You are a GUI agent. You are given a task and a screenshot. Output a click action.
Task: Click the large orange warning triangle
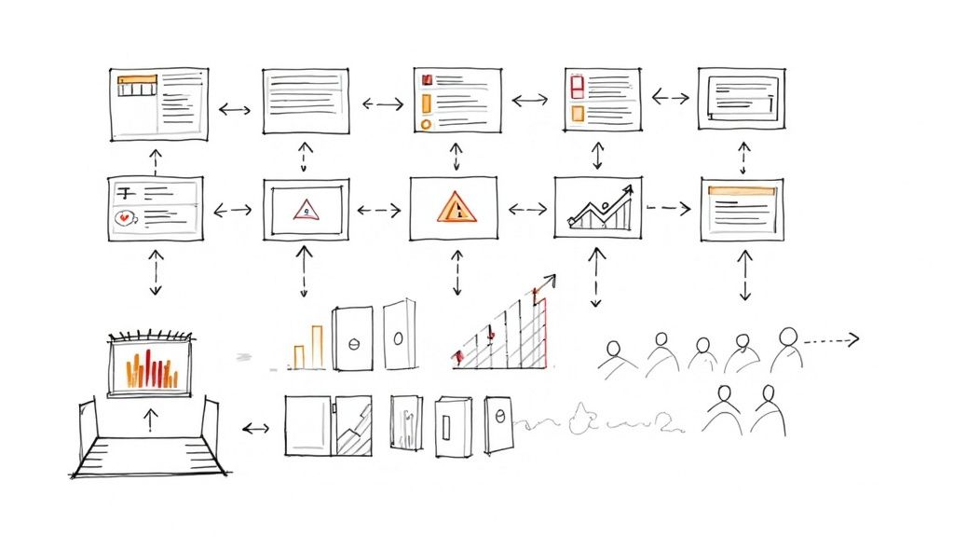(x=457, y=207)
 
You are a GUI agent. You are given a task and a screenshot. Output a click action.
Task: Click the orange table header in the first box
(x=137, y=81)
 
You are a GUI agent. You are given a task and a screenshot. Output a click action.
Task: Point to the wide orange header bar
(x=742, y=190)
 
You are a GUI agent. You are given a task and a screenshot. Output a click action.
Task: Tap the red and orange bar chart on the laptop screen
(x=152, y=368)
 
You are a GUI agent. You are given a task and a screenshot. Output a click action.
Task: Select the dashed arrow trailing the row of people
(x=831, y=340)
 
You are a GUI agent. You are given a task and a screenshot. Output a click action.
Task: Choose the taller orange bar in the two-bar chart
(x=317, y=346)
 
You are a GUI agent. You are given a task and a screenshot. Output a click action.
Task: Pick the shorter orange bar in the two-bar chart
(x=299, y=355)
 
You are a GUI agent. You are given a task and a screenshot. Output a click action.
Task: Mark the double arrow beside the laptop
(x=254, y=429)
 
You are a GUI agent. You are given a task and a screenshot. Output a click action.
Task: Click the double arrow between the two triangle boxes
(x=378, y=211)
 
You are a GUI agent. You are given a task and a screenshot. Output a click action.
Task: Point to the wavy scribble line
(x=596, y=421)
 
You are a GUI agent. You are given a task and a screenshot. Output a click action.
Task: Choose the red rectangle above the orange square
(x=576, y=87)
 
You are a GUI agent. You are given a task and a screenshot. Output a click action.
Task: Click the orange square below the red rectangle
(x=577, y=114)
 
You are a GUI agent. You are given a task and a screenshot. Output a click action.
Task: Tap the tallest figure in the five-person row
(x=785, y=348)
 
